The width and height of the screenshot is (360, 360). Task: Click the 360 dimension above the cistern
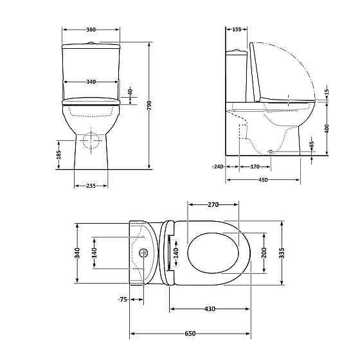tap(91, 30)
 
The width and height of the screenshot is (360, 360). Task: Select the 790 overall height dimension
tap(149, 105)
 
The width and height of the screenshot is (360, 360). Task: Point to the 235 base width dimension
tap(91, 186)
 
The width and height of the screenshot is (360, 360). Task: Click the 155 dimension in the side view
tap(236, 30)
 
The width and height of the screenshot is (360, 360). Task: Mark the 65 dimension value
tap(312, 145)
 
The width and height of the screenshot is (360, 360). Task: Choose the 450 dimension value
tap(264, 179)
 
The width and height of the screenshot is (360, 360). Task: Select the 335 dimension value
tap(282, 253)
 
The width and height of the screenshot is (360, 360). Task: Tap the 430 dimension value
tap(210, 309)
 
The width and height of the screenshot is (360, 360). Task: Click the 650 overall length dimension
tap(190, 334)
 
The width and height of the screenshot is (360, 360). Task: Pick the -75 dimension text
tap(122, 300)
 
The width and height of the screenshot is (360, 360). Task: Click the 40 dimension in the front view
tap(129, 91)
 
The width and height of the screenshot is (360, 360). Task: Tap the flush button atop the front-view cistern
tap(91, 43)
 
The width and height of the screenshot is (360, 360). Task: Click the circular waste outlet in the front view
tap(91, 139)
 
